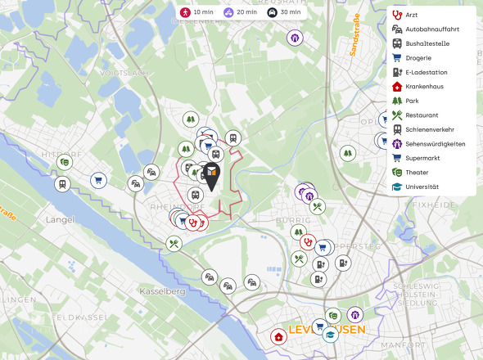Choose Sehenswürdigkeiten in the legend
pyautogui.click(x=435, y=144)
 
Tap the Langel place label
pyautogui.click(x=61, y=219)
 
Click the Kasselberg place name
pyautogui.click(x=163, y=291)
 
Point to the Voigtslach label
pyautogui.click(x=123, y=73)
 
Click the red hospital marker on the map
pyautogui.click(x=279, y=337)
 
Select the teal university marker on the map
pyautogui.click(x=330, y=334)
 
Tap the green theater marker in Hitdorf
pyautogui.click(x=64, y=162)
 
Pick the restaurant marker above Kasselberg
pyautogui.click(x=174, y=243)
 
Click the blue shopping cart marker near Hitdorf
pyautogui.click(x=98, y=179)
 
